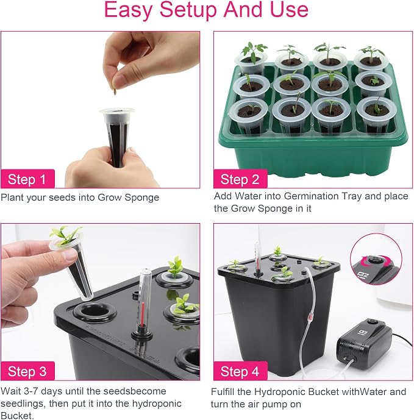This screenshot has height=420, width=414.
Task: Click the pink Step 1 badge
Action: point(28,179)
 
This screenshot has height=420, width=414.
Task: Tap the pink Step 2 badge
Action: point(240,179)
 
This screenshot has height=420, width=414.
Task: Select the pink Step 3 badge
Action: point(28,371)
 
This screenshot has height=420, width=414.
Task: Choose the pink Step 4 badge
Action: point(240,371)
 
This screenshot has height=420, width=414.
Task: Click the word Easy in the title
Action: point(129,10)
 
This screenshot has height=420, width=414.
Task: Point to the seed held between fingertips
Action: point(116,91)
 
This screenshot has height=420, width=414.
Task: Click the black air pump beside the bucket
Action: point(365,341)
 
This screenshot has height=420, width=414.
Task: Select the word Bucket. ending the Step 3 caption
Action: point(17,416)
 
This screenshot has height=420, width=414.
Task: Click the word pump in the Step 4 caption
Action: point(288,405)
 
